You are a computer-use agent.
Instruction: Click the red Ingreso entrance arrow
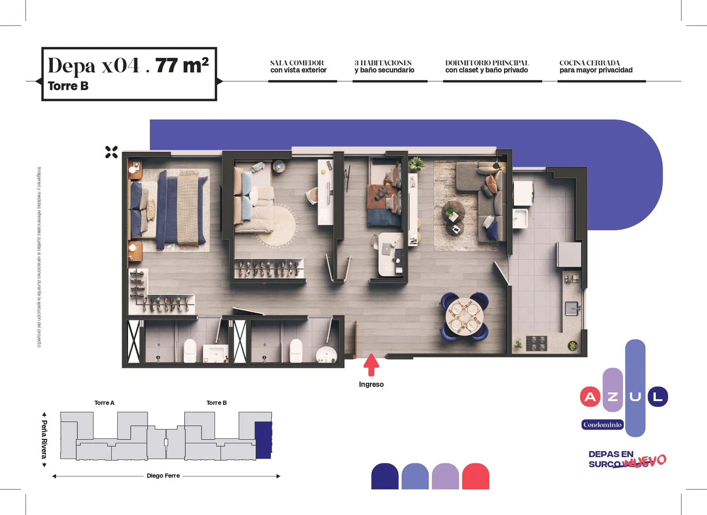point(371,365)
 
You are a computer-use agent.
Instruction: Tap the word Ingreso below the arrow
point(371,385)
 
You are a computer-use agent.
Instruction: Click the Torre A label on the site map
point(104,403)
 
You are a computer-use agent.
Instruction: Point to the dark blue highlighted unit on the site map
point(263,440)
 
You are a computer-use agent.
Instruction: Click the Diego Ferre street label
point(163,476)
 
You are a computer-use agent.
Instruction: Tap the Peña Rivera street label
point(44,439)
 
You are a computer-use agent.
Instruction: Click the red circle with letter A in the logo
point(590,397)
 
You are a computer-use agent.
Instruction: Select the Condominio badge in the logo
point(602,425)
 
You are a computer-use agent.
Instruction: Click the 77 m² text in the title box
point(182,66)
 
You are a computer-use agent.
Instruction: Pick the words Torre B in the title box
point(68,86)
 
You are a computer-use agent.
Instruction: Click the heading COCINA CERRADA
point(589,63)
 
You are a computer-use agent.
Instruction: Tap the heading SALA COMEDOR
point(296,63)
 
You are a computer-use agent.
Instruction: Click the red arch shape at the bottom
point(475,476)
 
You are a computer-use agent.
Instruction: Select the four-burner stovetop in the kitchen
point(536,343)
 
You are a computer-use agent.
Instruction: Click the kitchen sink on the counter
point(572,308)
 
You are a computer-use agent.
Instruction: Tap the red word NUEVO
point(646,461)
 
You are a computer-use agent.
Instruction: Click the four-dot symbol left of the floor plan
point(111,152)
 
